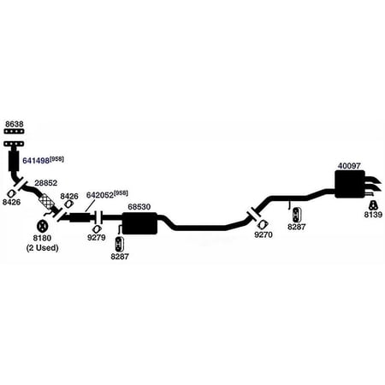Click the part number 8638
pyautogui.click(x=15, y=124)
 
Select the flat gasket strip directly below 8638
pyautogui.click(x=15, y=132)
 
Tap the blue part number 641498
pyautogui.click(x=36, y=161)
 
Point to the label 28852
pyautogui.click(x=46, y=183)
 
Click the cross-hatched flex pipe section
pyautogui.click(x=47, y=202)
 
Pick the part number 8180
pyautogui.click(x=42, y=238)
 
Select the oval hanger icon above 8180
pyautogui.click(x=42, y=227)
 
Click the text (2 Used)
pyautogui.click(x=42, y=248)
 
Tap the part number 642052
pyautogui.click(x=100, y=195)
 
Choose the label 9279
pyautogui.click(x=97, y=238)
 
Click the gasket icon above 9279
pyautogui.click(x=98, y=229)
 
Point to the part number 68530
pyautogui.click(x=139, y=207)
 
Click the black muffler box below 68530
pyautogui.click(x=139, y=223)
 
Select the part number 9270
pyautogui.click(x=264, y=234)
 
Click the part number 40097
pyautogui.click(x=349, y=166)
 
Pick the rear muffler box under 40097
pyautogui.click(x=350, y=184)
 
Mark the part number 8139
pyautogui.click(x=373, y=215)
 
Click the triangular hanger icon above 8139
pyautogui.click(x=373, y=205)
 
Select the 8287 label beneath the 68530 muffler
pyautogui.click(x=120, y=257)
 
